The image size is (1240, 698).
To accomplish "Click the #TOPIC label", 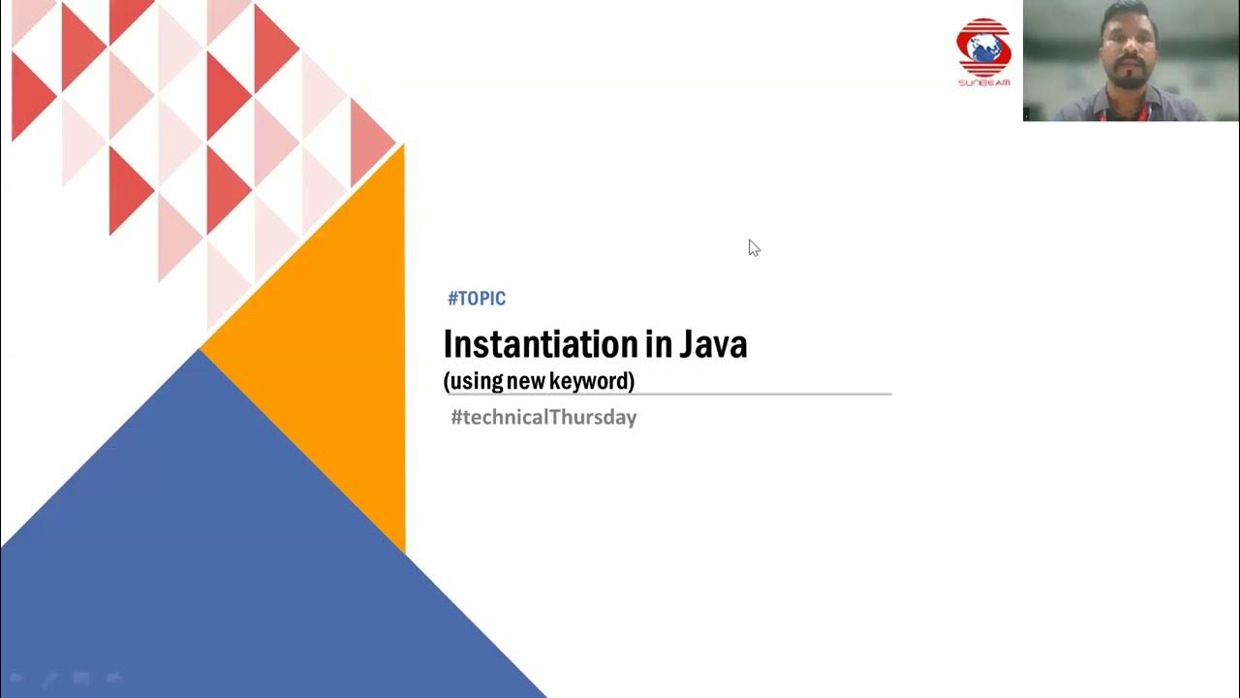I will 477,299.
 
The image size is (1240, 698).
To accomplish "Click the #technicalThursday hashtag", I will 543,418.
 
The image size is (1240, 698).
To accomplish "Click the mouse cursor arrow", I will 753,246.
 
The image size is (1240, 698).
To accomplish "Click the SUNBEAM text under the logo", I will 983,83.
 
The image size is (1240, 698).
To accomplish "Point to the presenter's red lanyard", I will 1124,113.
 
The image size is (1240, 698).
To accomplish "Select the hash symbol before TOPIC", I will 452,299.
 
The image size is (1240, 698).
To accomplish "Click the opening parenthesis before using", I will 447,381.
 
